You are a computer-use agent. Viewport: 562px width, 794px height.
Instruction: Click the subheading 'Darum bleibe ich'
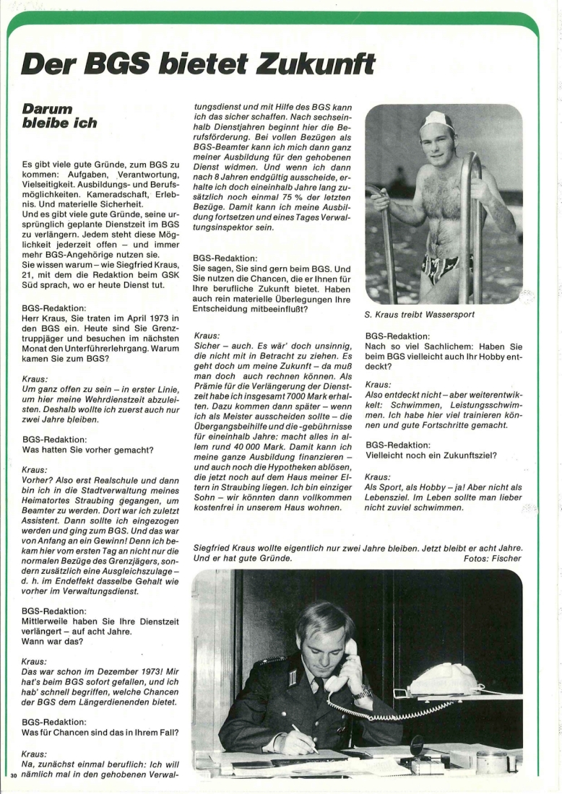pos(59,115)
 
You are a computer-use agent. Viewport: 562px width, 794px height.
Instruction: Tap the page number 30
pos(13,775)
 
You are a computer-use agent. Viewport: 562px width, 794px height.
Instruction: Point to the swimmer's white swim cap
pos(438,120)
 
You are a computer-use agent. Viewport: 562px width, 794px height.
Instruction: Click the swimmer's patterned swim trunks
pos(441,268)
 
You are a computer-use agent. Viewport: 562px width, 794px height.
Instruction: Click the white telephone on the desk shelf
pos(444,679)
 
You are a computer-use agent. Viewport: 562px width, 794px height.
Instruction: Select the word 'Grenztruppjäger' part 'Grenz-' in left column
pos(163,328)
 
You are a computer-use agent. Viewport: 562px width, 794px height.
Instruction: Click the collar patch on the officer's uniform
pos(294,679)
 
